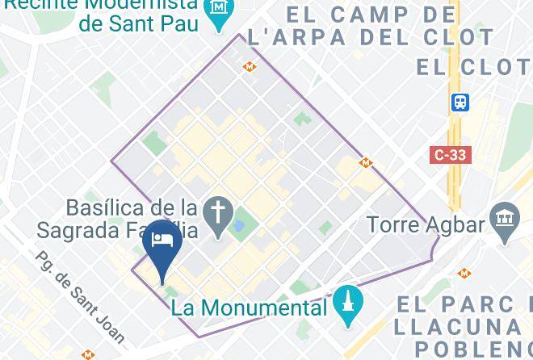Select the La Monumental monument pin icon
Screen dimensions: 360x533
point(348,305)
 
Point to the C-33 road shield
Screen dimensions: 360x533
point(450,154)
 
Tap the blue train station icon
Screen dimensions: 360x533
point(460,103)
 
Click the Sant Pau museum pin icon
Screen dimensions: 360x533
point(219,10)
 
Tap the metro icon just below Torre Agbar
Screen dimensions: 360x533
point(464,274)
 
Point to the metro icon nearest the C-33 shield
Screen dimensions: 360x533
point(365,162)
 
